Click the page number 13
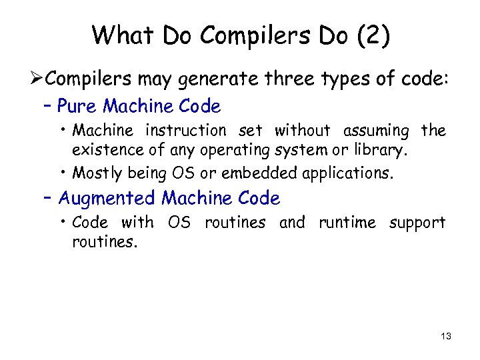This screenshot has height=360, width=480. [445, 337]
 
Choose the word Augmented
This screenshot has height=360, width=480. [108, 198]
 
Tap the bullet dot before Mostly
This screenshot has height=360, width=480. [65, 173]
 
